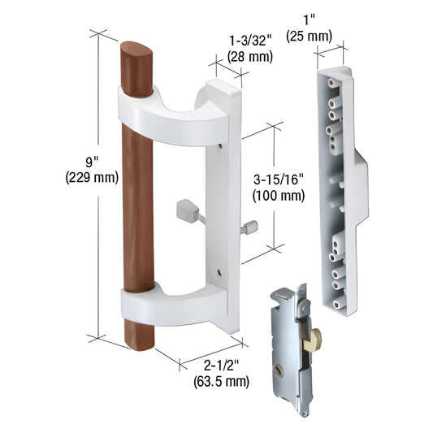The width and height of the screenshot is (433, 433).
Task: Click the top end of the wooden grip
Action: (x=136, y=57)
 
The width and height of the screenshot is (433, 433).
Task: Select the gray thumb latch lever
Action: (x=187, y=213)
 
